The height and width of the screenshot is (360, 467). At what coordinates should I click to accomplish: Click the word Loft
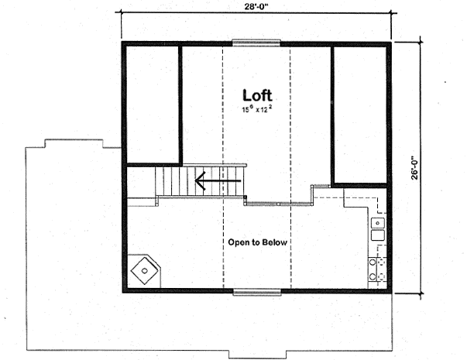point(257,95)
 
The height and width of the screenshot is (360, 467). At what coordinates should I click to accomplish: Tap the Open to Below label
point(257,242)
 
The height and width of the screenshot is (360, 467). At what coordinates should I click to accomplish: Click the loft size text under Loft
point(257,110)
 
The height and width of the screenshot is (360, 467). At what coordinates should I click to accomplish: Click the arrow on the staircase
point(218,183)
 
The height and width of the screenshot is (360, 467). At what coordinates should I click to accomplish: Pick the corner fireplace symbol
point(144,271)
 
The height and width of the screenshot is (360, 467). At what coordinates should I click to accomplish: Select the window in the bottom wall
point(256,291)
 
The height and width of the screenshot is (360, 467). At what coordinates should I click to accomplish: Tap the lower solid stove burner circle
point(373,276)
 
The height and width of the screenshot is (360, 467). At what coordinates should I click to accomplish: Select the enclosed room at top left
point(153,105)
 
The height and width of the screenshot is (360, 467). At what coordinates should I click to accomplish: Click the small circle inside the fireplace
point(145,271)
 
